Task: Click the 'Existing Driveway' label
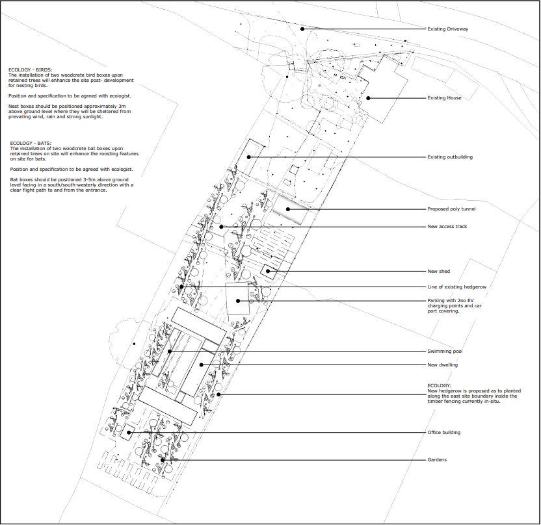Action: (447, 29)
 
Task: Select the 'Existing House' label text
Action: (444, 98)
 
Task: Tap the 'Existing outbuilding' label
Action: (450, 157)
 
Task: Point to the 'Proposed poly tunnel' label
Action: (451, 209)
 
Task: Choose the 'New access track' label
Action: (447, 227)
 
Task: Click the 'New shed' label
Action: (438, 272)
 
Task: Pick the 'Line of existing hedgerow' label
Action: (457, 287)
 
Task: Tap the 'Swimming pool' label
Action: (445, 352)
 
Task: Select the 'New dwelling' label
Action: (442, 365)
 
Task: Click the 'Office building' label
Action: (443, 432)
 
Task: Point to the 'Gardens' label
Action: (437, 459)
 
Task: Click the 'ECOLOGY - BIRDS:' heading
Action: (31, 70)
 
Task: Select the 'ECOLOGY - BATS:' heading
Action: (31, 143)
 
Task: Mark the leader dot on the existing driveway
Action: (302, 29)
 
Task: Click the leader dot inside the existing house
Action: (368, 98)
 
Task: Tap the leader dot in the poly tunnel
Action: (288, 209)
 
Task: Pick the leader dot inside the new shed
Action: (268, 272)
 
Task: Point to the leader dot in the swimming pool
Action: (170, 352)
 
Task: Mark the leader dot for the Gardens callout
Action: (162, 460)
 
